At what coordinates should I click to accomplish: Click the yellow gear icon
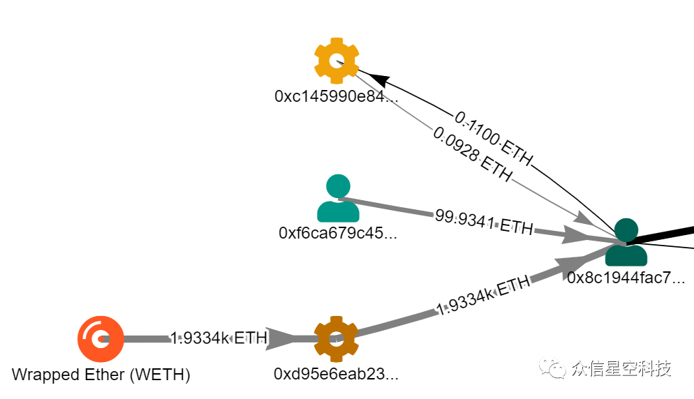[x=337, y=61]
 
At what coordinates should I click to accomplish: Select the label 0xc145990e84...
[x=337, y=96]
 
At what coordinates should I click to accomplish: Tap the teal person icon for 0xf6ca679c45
[x=338, y=198]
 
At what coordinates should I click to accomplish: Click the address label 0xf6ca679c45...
[x=338, y=232]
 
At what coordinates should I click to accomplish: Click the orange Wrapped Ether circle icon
[x=101, y=338]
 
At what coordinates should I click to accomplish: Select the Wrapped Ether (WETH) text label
[x=101, y=375]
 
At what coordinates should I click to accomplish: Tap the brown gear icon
[x=336, y=338]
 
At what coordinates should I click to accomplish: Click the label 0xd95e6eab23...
[x=336, y=375]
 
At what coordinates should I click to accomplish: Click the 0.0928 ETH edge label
[x=471, y=153]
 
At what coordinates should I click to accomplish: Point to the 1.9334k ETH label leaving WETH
[x=219, y=338]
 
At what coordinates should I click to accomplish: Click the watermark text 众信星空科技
[x=620, y=368]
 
